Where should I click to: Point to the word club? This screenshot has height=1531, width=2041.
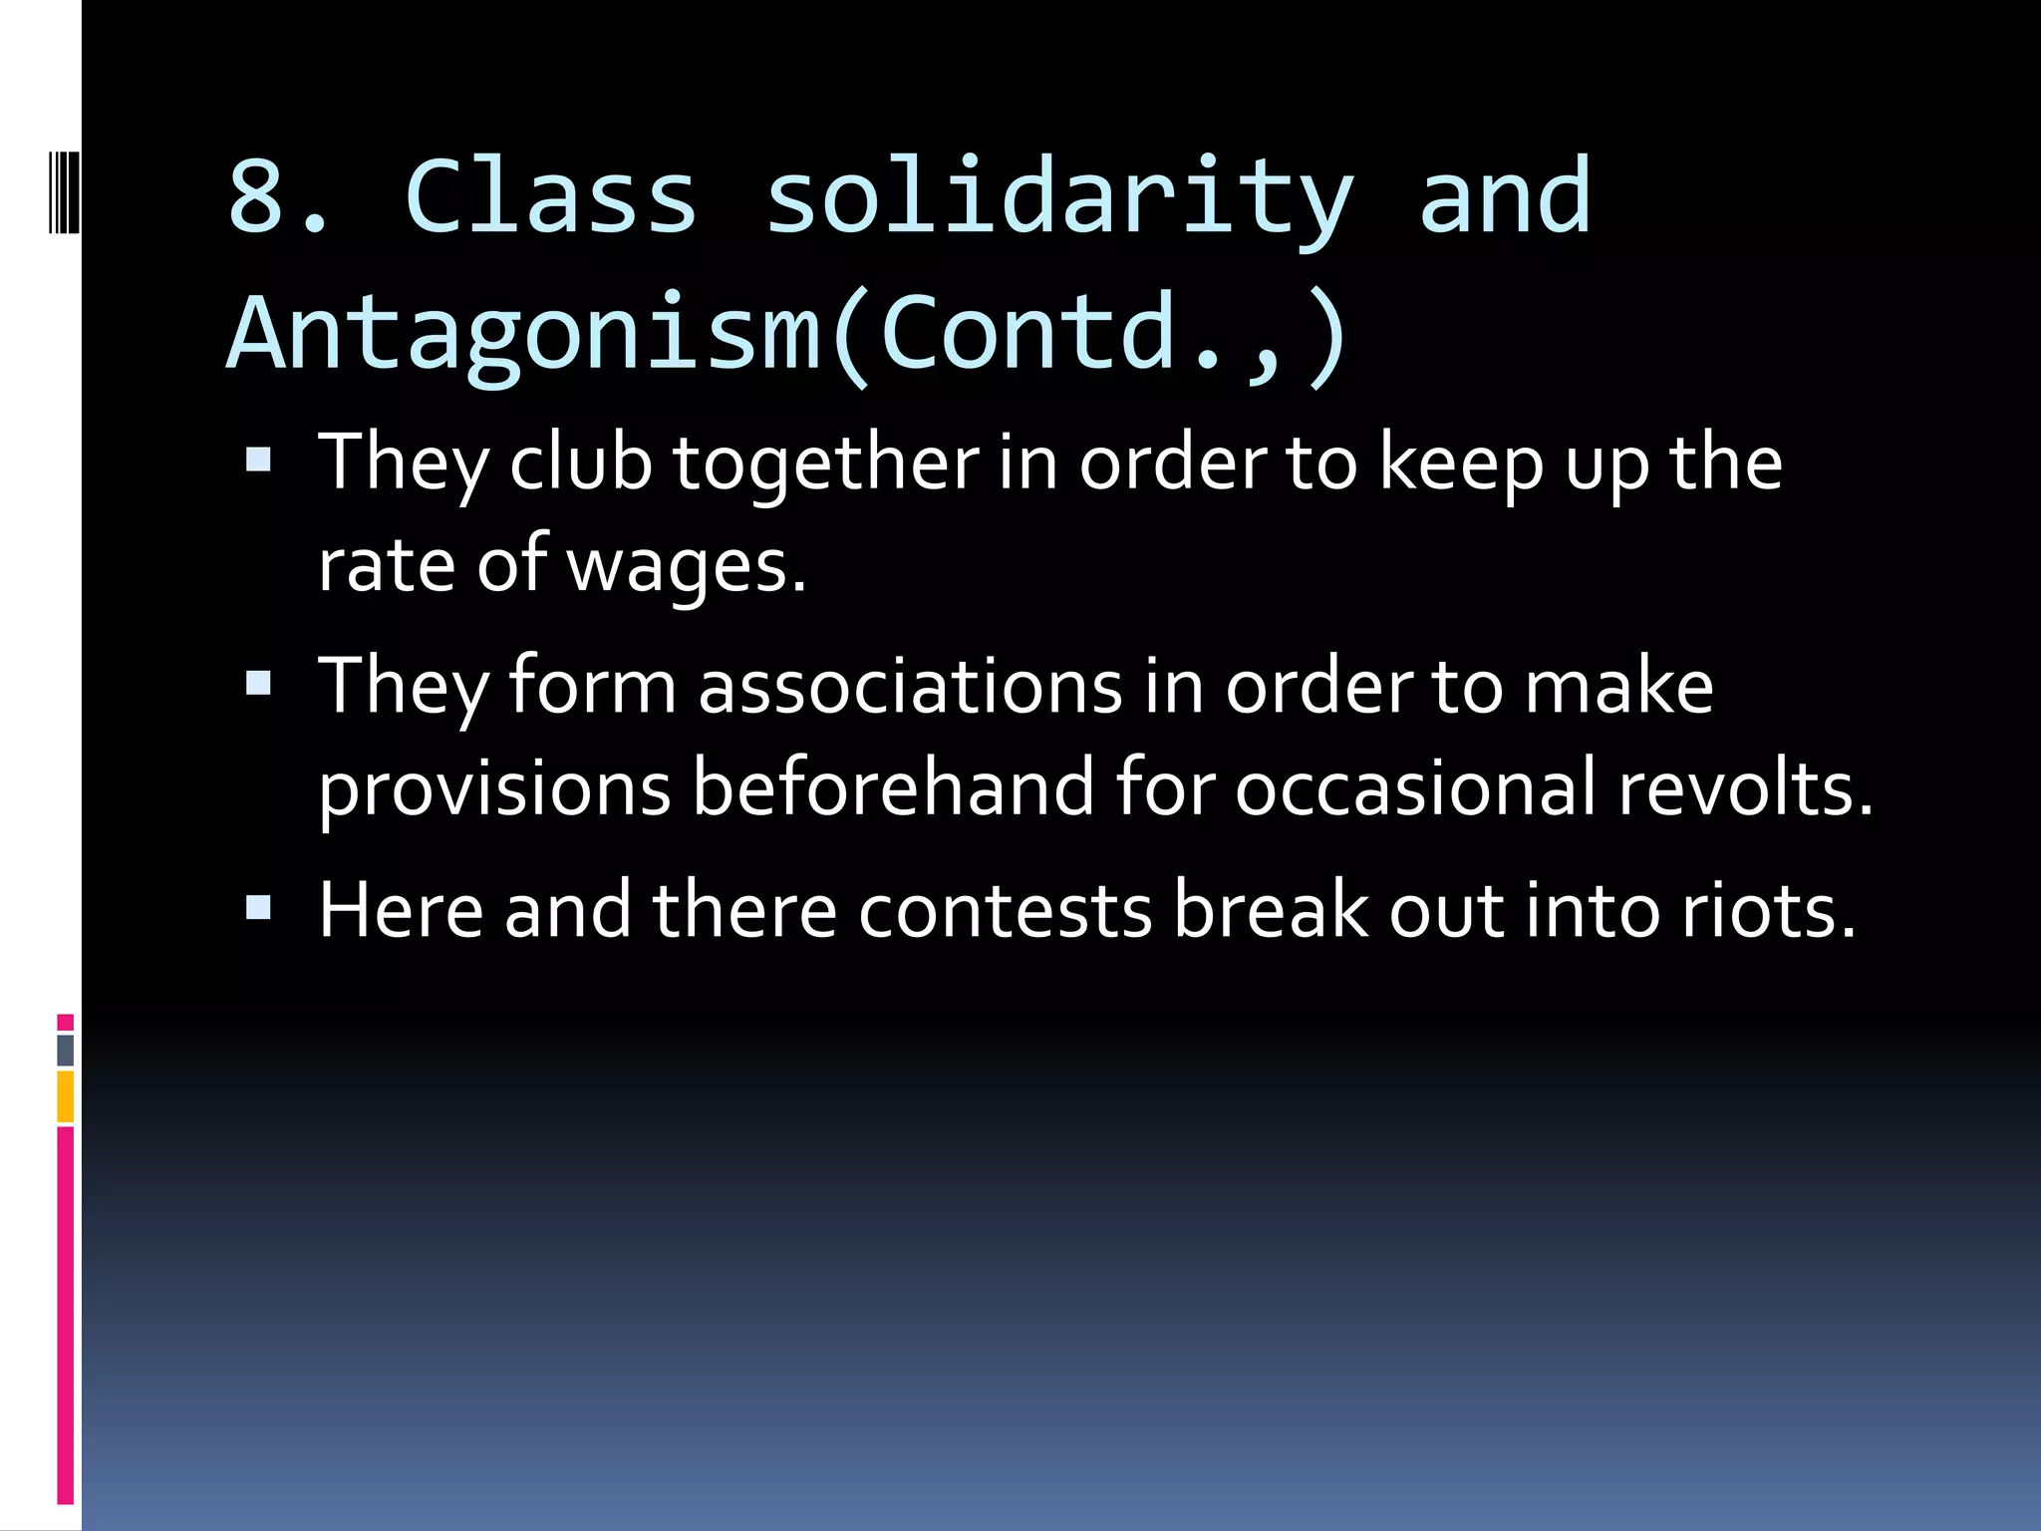point(580,463)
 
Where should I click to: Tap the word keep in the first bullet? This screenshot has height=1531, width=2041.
point(1461,465)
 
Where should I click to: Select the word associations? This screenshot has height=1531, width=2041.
point(910,687)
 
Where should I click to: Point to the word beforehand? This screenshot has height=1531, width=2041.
point(893,787)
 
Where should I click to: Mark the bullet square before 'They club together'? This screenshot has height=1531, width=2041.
point(258,460)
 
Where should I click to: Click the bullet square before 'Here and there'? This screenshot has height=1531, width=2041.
point(258,907)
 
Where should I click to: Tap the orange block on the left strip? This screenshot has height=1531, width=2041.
point(66,1096)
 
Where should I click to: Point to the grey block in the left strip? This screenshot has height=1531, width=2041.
point(66,1050)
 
